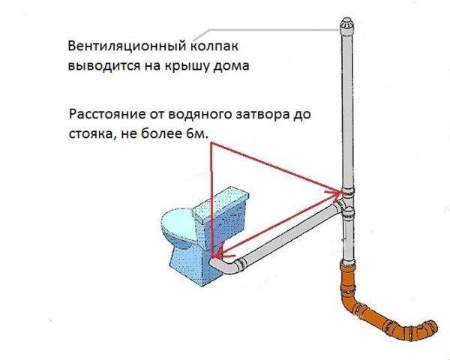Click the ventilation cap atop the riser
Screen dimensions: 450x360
(346, 26)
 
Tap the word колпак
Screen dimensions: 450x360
(214, 46)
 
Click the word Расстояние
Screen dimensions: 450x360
(107, 115)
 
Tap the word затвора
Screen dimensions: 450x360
(263, 114)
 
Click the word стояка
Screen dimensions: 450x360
(91, 134)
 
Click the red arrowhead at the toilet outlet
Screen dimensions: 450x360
(220, 253)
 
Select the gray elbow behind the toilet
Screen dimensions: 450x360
(227, 265)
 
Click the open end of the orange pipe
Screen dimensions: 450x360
(431, 327)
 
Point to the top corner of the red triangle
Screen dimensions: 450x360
(211, 143)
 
